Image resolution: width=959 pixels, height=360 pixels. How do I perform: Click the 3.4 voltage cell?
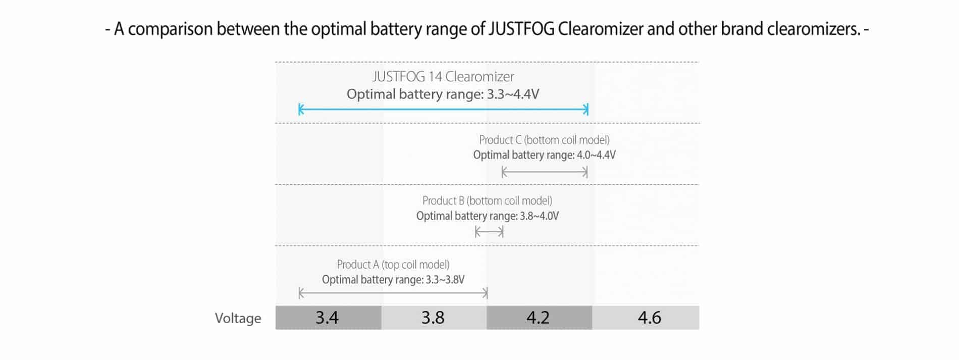tap(328, 318)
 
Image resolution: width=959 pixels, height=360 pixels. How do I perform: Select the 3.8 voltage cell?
tap(434, 318)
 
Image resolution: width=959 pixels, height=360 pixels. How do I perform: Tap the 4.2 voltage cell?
tap(539, 318)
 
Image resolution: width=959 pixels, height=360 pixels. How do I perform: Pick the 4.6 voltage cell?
tap(646, 318)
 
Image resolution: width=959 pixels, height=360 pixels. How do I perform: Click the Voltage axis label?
tap(238, 318)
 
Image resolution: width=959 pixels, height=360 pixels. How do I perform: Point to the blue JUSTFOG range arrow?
tap(444, 109)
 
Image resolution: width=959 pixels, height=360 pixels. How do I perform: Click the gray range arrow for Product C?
tap(545, 172)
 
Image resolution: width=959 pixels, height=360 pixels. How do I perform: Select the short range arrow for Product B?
tap(490, 232)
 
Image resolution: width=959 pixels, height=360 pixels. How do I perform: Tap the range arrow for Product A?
tap(393, 293)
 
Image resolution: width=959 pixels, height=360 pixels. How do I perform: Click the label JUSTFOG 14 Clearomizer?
tap(443, 77)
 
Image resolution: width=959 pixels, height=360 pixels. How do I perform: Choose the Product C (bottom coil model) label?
tap(544, 140)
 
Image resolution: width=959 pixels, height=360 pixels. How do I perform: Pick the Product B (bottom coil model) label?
tap(487, 201)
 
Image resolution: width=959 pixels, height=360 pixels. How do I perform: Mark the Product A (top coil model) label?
tap(393, 265)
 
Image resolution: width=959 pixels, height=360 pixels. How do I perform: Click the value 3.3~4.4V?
tap(513, 94)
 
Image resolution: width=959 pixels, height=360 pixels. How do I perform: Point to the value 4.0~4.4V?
tap(596, 155)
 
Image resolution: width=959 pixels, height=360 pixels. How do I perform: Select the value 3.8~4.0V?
tap(540, 216)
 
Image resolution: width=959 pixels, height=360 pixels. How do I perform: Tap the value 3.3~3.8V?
tap(445, 280)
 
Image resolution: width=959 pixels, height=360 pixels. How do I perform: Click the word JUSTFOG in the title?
tap(522, 29)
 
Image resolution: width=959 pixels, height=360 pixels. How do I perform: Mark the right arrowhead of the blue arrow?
tap(586, 109)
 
